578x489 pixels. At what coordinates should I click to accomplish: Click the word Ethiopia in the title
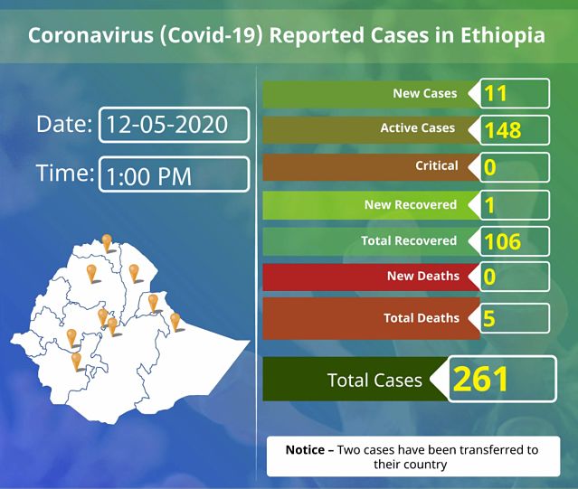tap(502, 36)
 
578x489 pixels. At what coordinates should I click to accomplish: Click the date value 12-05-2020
tap(167, 125)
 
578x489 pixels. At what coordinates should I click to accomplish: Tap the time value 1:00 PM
tap(149, 176)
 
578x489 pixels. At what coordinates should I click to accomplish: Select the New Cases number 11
tap(496, 93)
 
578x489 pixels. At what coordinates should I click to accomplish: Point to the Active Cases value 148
tap(503, 130)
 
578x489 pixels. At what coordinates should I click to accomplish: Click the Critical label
tap(437, 165)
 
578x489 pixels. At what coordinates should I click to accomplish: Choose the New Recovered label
tap(411, 204)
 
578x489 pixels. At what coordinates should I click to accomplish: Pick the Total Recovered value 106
tap(503, 241)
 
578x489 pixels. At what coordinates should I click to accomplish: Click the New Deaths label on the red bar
tap(423, 276)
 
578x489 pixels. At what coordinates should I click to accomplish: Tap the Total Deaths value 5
tap(489, 318)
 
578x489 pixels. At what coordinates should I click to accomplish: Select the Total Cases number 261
tap(481, 380)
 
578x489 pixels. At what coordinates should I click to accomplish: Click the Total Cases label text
tap(374, 380)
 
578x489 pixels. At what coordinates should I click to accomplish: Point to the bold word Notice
tap(305, 450)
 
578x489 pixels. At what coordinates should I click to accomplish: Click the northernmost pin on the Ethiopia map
tap(107, 243)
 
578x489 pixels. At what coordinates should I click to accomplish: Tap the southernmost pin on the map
tap(76, 362)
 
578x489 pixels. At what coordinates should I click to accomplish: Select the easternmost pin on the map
tap(175, 322)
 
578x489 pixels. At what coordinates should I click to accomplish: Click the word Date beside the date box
tap(64, 124)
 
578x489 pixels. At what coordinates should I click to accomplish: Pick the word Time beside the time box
tap(65, 173)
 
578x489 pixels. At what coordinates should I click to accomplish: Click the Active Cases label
tap(418, 127)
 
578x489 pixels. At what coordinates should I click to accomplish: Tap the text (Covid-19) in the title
tap(212, 36)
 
